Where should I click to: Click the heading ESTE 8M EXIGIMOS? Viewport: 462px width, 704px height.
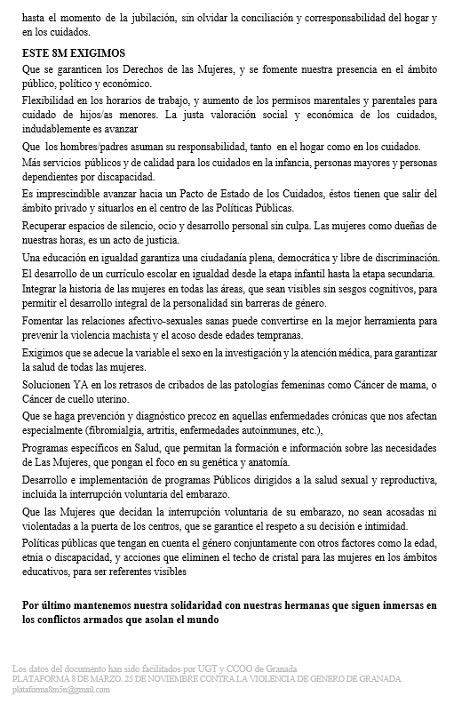[x=74, y=53]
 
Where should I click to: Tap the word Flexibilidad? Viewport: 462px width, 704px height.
[x=52, y=100]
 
